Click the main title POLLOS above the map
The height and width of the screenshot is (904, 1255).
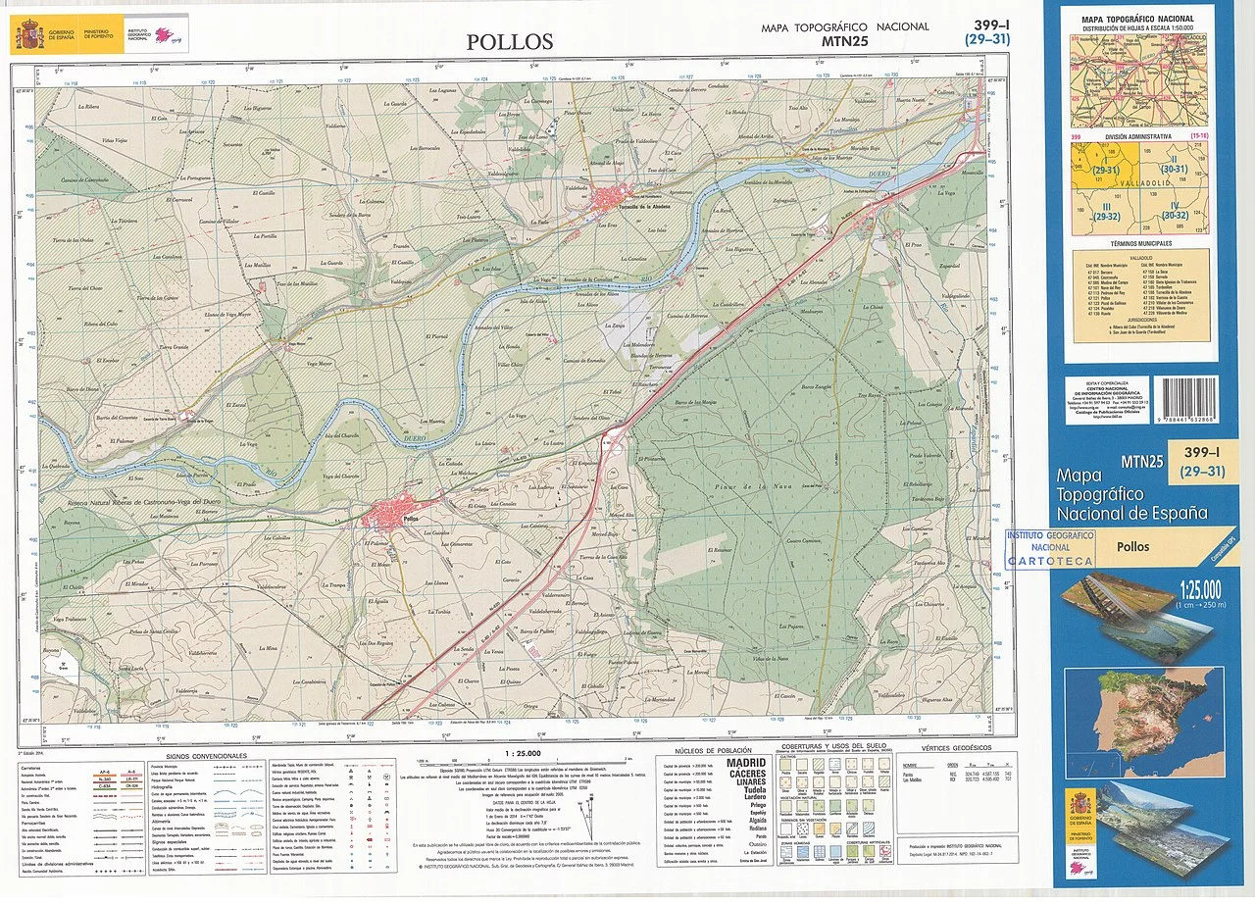coord(510,42)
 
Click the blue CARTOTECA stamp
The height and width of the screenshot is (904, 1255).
coord(1050,549)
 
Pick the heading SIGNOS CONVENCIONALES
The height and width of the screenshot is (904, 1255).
coord(205,756)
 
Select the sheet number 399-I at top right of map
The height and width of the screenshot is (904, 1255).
coord(993,25)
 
